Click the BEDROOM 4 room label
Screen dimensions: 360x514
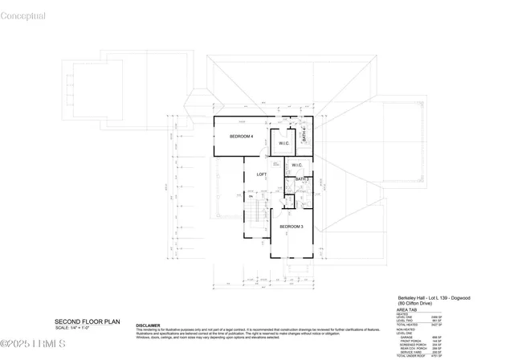tap(241, 137)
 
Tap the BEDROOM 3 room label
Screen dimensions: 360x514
tap(291, 227)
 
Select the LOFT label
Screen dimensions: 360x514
tap(261, 174)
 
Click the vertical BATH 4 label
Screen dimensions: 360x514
tap(304, 136)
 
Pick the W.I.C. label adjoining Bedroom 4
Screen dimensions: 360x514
tap(284, 144)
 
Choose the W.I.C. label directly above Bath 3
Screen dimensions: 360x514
tap(296, 166)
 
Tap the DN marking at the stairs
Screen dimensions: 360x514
tap(251, 197)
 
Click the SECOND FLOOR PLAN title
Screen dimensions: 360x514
tap(87, 321)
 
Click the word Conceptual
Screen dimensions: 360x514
tap(23, 16)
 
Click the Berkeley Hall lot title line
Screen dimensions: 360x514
tap(434, 297)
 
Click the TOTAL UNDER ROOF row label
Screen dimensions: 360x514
tap(410, 355)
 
